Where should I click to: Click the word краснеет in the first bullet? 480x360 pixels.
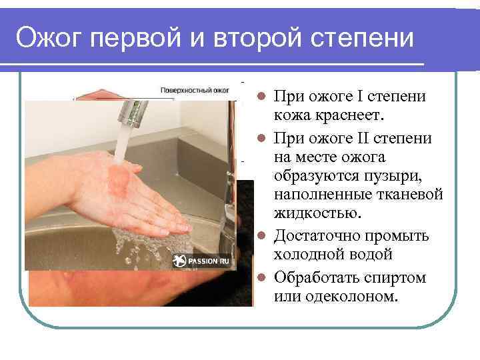pyautogui.click(x=346, y=116)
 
